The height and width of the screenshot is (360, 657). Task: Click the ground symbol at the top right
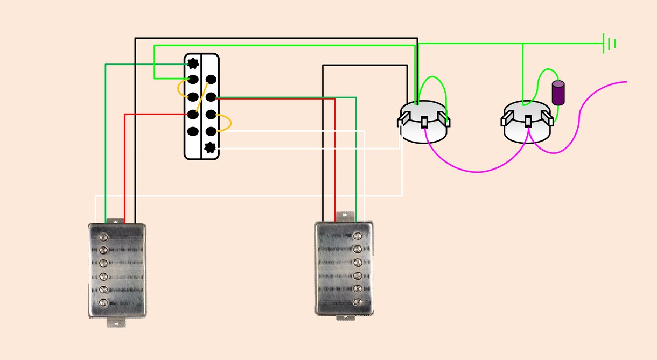(x=609, y=43)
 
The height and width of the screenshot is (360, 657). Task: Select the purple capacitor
(x=558, y=93)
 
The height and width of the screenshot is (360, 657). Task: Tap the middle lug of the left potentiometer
(x=424, y=122)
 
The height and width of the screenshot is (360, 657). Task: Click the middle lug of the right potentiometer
(x=528, y=122)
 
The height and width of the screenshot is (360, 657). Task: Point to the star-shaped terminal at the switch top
(x=193, y=64)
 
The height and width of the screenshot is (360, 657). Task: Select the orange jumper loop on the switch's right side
(x=229, y=123)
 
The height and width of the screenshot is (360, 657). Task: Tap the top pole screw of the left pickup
(x=103, y=237)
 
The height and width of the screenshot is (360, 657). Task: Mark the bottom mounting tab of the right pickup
(x=343, y=317)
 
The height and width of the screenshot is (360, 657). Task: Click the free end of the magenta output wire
(x=626, y=82)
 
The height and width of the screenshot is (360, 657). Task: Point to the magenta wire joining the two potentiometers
(x=477, y=171)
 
